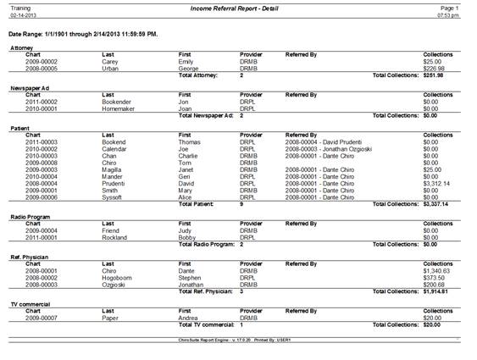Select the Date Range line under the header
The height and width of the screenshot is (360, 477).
tap(83, 35)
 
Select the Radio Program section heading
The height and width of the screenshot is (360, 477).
tap(31, 217)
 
